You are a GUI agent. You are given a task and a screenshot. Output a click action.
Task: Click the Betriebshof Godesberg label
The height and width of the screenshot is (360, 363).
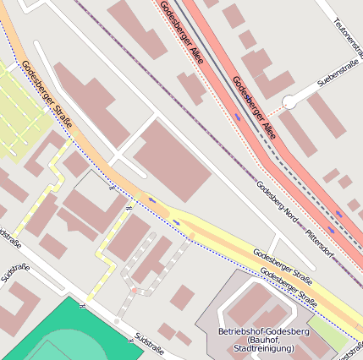(x=263, y=330)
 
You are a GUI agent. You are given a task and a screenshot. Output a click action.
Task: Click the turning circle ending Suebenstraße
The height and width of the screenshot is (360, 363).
(x=289, y=101)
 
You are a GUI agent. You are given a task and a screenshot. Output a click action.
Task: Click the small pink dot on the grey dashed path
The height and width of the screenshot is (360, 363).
(x=133, y=290)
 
